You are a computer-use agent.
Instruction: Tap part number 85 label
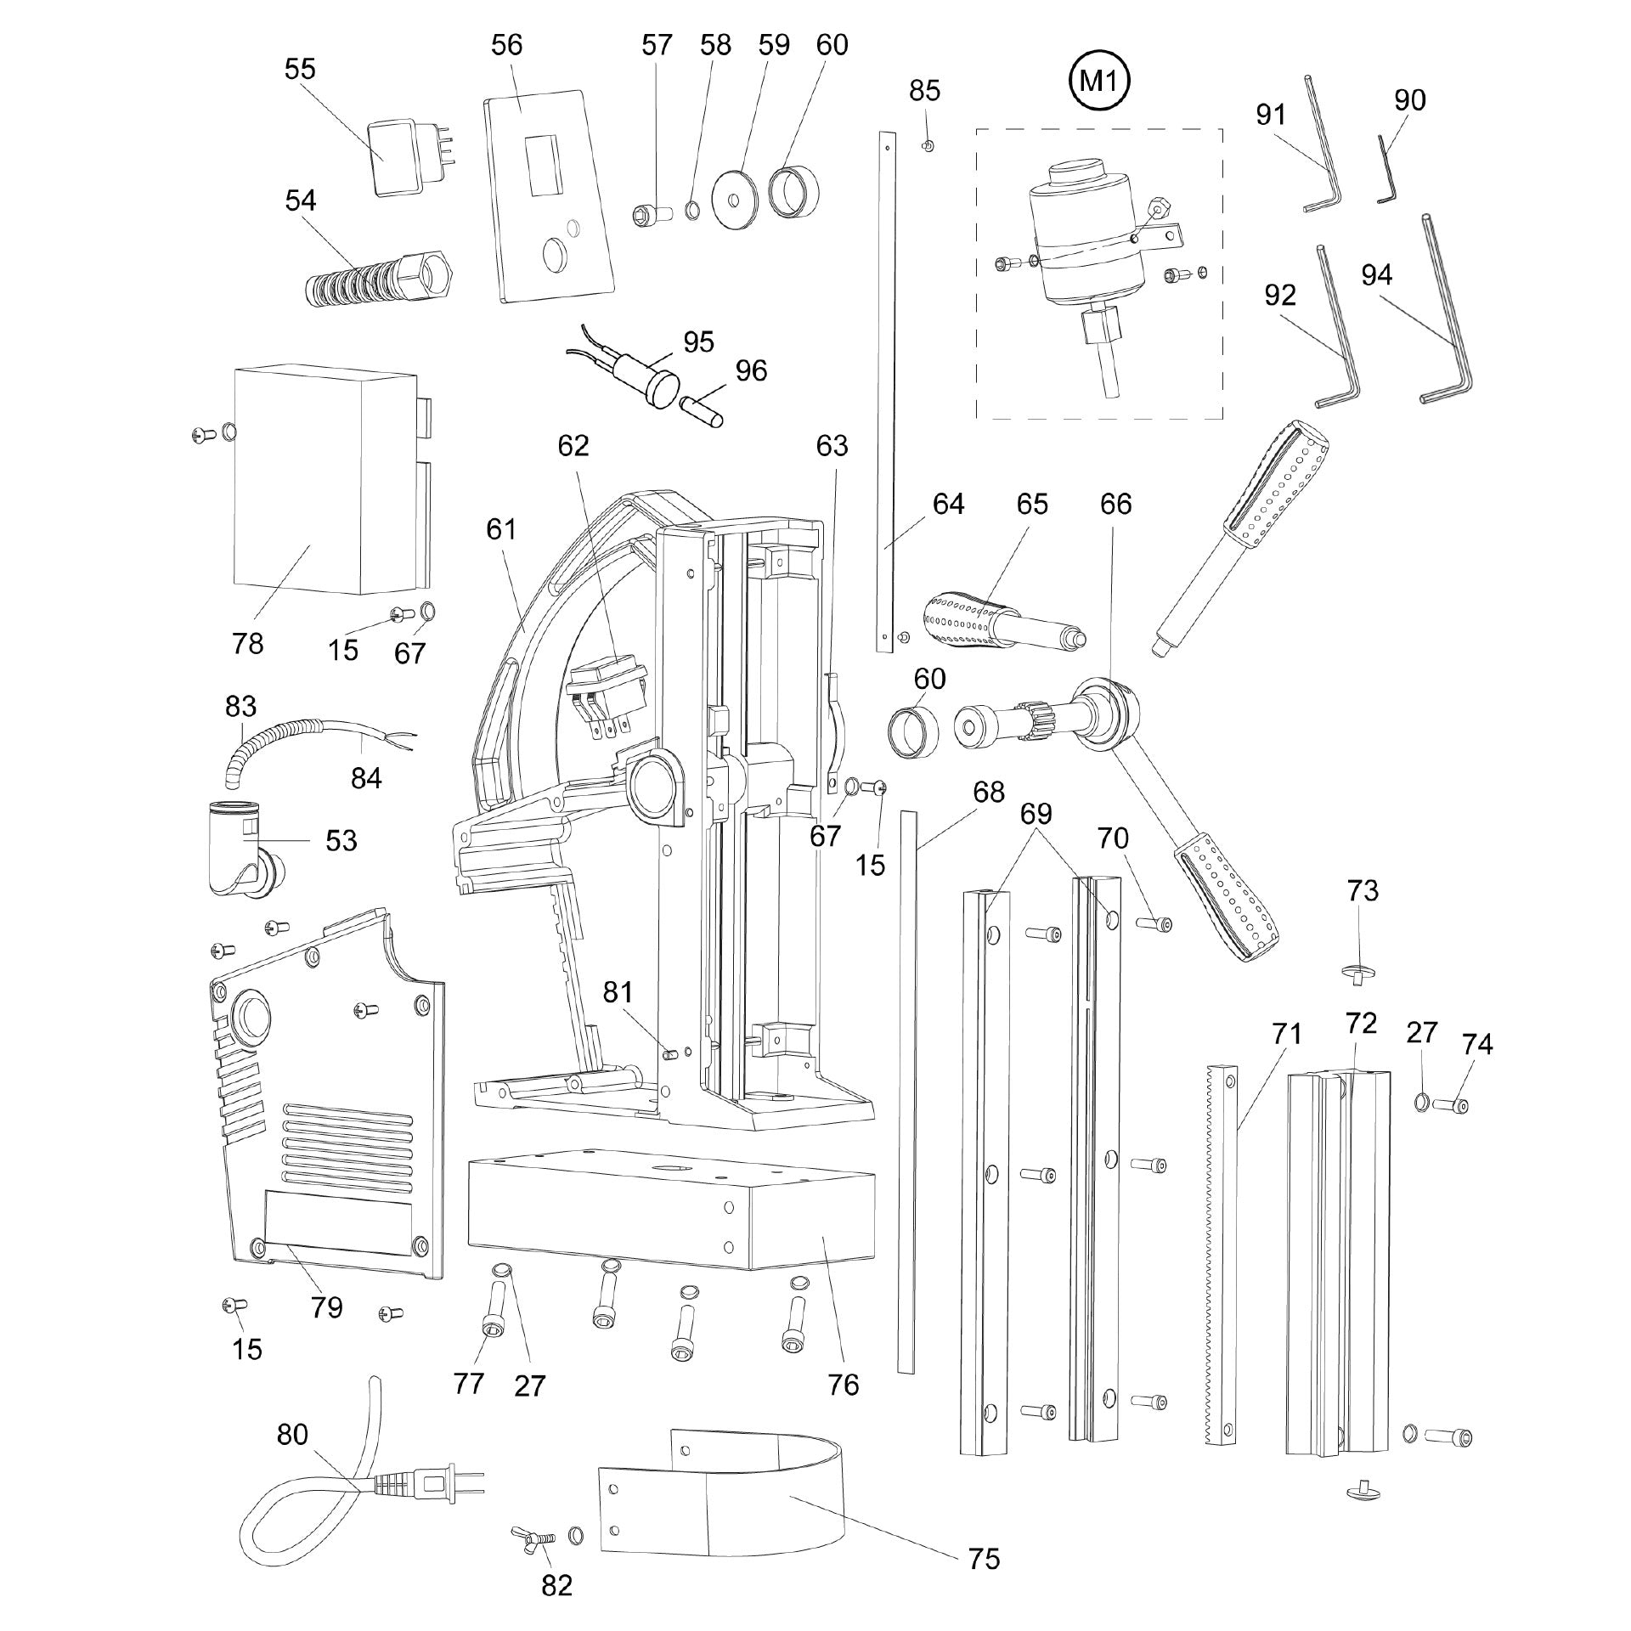click(924, 90)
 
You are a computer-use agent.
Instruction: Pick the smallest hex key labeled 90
click(1386, 175)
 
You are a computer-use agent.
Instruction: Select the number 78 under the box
click(247, 643)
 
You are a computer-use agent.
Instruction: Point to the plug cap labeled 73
click(1361, 972)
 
